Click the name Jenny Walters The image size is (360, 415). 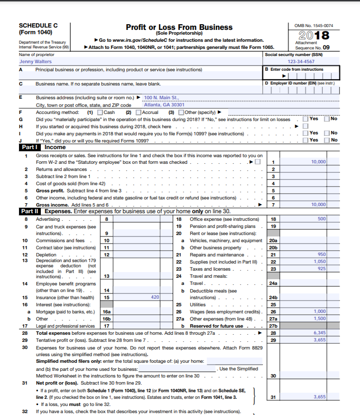click(35, 61)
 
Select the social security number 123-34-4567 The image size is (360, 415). click(300, 61)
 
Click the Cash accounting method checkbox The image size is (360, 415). click(100, 112)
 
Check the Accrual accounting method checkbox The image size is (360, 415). click(138, 112)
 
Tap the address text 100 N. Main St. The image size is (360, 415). click(161, 98)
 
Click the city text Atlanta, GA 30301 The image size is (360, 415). click(164, 105)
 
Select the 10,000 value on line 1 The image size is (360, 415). click(318, 162)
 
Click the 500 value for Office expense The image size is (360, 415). click(322, 219)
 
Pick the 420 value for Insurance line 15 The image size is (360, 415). click(155, 297)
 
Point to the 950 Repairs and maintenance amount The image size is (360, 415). click(322, 255)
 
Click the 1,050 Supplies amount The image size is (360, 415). click(320, 262)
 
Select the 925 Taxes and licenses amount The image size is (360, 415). click(322, 269)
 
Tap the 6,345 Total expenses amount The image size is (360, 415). click(320, 333)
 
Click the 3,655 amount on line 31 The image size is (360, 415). click(320, 396)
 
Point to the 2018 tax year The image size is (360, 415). click(314, 36)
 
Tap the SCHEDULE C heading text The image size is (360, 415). click(36, 26)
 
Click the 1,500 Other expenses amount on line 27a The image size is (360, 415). click(320, 319)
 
